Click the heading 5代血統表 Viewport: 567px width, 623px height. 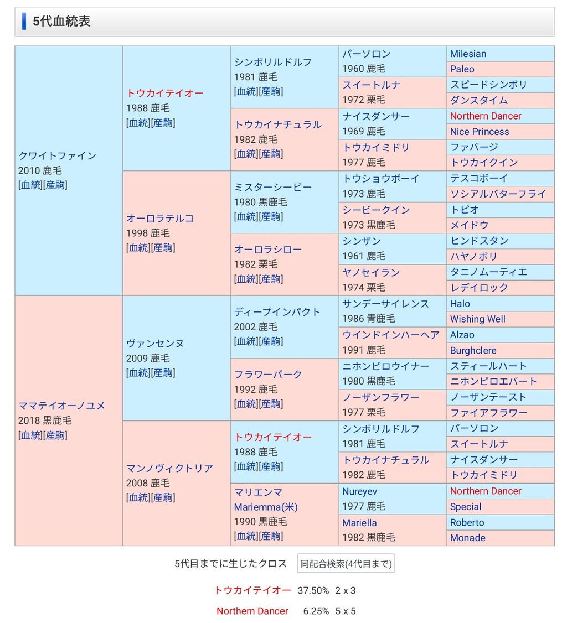61,22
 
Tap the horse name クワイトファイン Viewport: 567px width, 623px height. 57,155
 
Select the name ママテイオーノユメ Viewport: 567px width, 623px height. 61,406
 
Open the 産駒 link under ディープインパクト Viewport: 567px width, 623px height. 271,341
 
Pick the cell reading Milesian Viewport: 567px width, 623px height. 468,54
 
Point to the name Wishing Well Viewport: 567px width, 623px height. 477,319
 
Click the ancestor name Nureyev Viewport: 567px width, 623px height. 359,491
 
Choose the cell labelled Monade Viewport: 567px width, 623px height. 467,538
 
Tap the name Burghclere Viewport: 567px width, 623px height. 473,351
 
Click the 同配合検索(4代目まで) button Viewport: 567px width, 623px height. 346,564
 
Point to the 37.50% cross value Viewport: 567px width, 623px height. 313,590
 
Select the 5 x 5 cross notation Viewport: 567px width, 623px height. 346,611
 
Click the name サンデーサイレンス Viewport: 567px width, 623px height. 385,304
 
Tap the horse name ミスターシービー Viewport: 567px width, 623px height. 272,187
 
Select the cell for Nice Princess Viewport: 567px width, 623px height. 479,132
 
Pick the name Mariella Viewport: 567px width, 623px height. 359,523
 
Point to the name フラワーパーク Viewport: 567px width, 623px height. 268,375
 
